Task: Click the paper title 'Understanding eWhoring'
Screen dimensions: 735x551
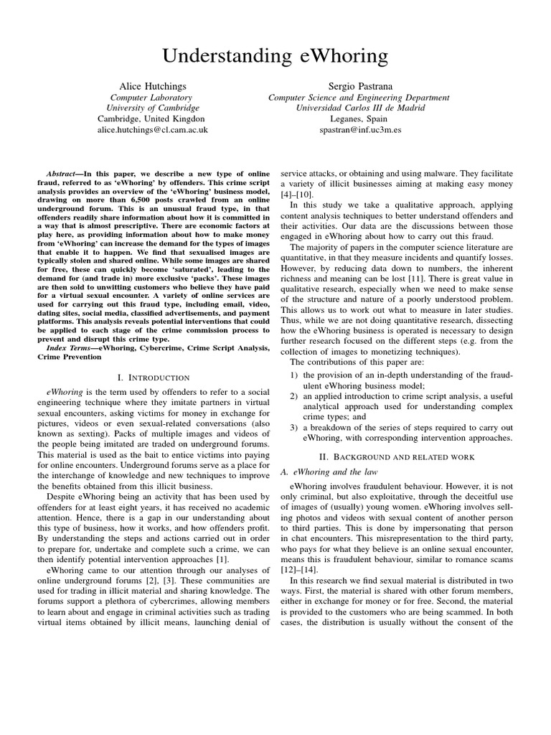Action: click(275, 56)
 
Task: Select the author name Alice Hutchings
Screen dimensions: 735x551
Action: click(152, 85)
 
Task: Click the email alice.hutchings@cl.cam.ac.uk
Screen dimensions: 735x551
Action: click(152, 131)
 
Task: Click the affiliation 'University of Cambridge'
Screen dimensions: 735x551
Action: click(151, 108)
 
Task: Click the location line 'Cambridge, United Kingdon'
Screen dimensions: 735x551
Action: click(151, 119)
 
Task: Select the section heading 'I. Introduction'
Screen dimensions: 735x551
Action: click(153, 377)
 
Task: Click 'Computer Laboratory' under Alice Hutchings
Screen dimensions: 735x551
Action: click(151, 97)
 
